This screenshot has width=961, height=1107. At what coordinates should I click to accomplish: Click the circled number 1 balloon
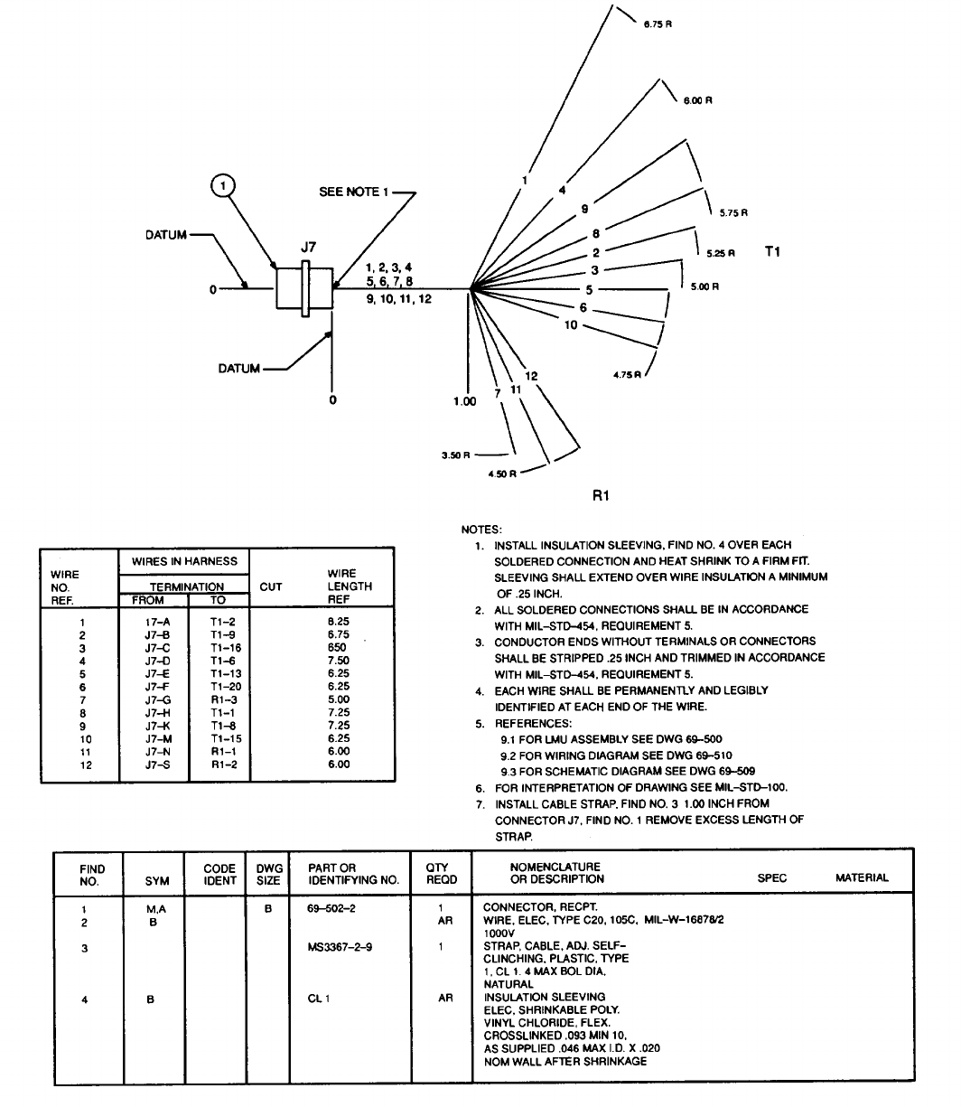point(222,186)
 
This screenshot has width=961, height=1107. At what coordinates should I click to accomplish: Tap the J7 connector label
point(309,247)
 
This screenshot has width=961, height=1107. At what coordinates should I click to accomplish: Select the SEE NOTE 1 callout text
point(355,192)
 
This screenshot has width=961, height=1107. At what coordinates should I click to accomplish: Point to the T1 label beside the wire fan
point(773,252)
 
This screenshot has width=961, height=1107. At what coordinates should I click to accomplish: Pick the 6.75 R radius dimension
point(657,24)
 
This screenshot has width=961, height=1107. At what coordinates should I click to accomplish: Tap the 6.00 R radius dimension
point(699,100)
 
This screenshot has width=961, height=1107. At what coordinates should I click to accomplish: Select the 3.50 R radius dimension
point(454,455)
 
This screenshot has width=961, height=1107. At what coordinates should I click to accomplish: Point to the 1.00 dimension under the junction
point(464,401)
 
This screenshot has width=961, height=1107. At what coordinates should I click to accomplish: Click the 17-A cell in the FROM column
point(152,622)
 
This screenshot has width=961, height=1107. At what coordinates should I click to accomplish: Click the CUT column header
point(271,586)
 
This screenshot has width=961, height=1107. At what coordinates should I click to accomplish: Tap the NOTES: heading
point(481,530)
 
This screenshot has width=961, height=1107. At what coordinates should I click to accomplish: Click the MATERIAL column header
point(862,877)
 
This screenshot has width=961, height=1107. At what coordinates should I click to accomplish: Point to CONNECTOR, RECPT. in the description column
point(527,906)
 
